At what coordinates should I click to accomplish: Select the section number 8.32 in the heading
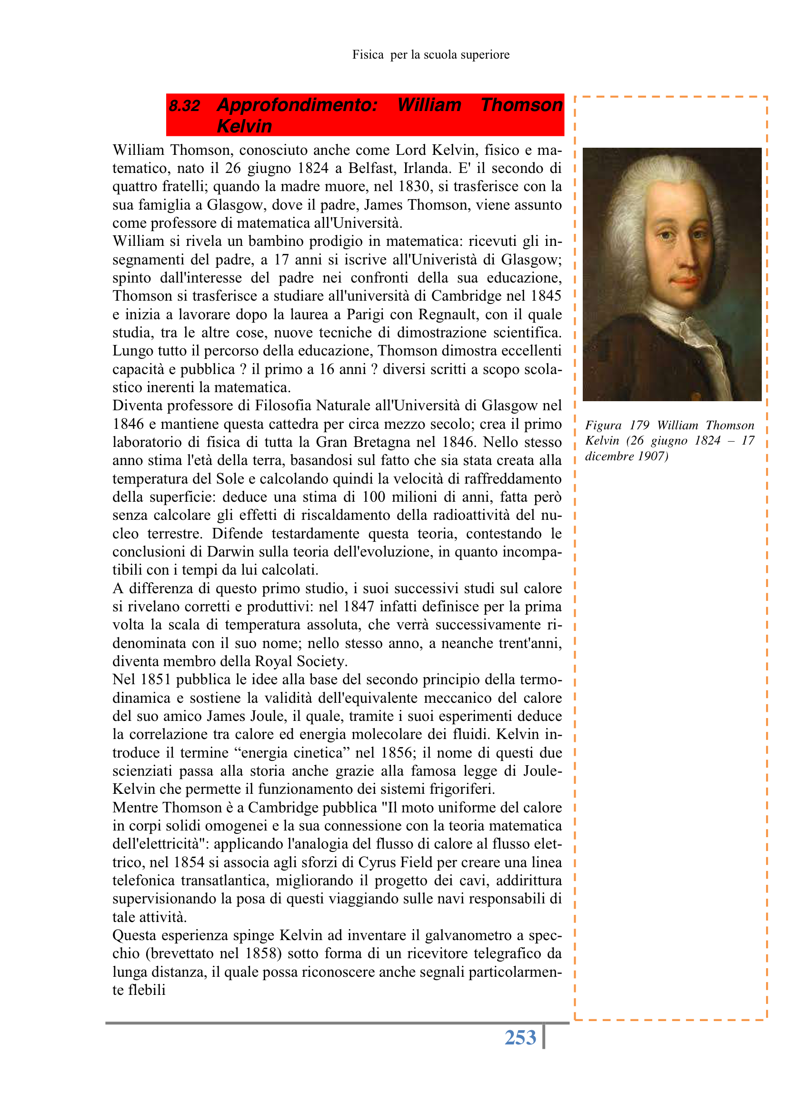184,106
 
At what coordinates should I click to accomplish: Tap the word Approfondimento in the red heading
297,105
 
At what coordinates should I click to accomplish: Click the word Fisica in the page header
368,55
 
